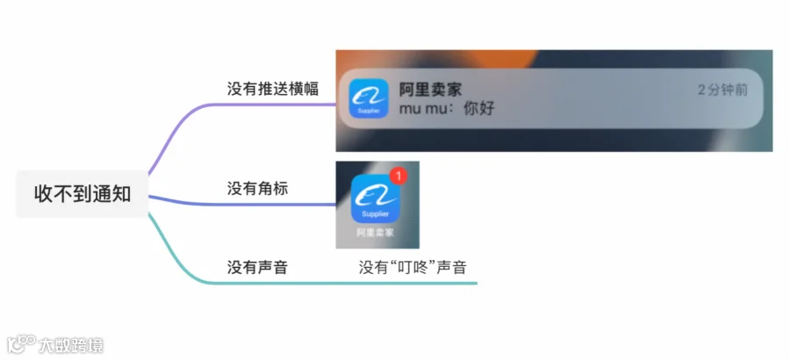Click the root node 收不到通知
tap(83, 194)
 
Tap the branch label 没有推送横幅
tap(273, 89)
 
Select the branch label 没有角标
tap(257, 189)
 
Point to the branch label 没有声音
tap(257, 267)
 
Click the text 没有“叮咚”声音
tap(413, 267)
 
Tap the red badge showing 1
tap(398, 176)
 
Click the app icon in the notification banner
tap(369, 98)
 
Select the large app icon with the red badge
tap(376, 198)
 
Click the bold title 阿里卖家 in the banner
tap(430, 90)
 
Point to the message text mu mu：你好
tap(447, 108)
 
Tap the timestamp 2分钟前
tap(722, 90)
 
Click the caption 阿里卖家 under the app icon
tap(375, 233)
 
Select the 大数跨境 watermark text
tap(71, 345)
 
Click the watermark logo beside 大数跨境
tap(22, 345)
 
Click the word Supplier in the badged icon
tap(376, 213)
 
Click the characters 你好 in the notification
tap(479, 108)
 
